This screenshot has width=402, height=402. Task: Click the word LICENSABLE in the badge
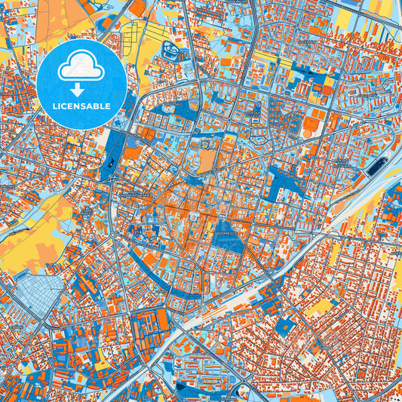coord(82,106)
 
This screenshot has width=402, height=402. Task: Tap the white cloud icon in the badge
coord(82,67)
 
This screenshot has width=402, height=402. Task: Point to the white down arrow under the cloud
coord(82,89)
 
